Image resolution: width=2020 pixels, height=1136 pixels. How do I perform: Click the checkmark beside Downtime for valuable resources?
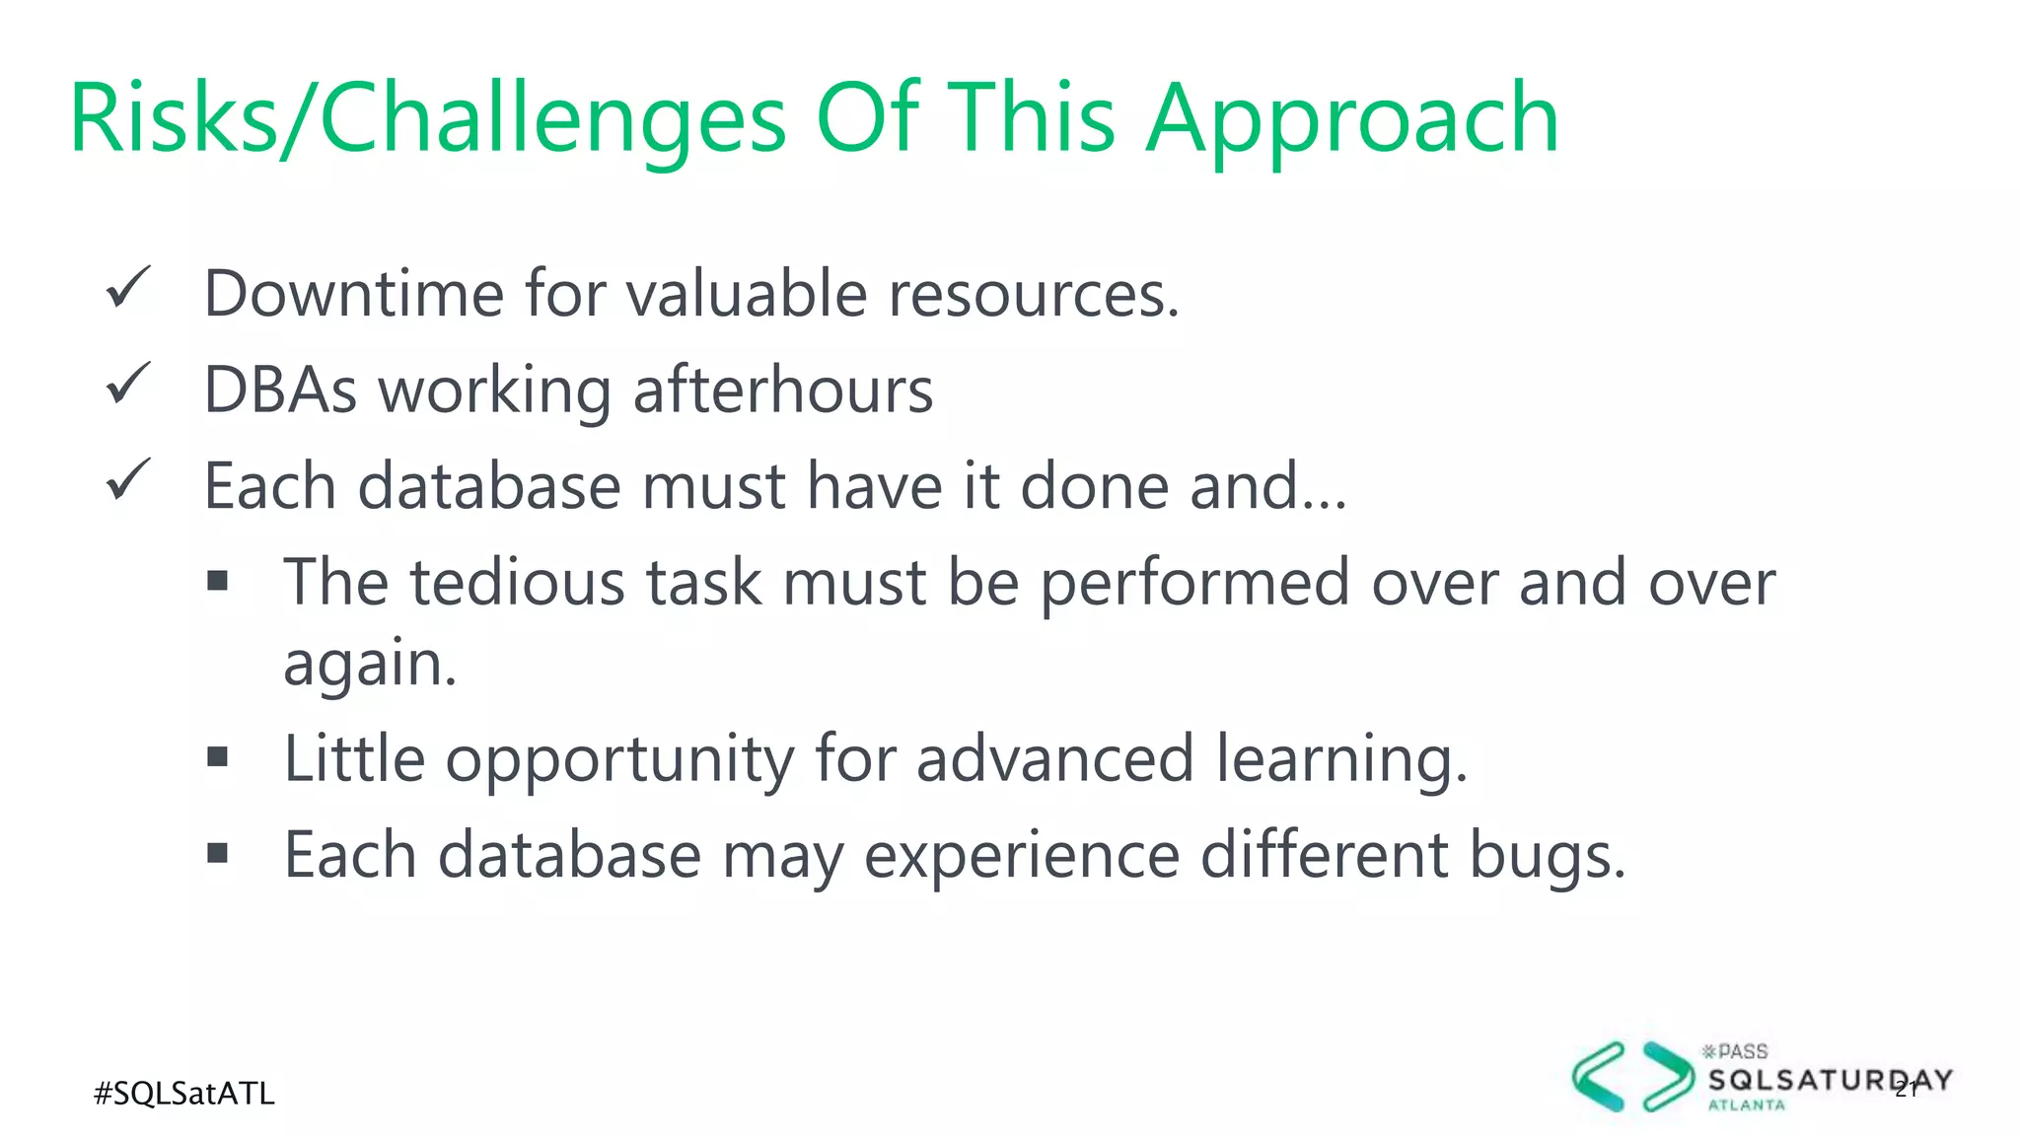128,288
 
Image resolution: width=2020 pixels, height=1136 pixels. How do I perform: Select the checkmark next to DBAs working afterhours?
128,384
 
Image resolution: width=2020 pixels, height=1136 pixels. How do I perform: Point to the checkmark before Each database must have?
128,480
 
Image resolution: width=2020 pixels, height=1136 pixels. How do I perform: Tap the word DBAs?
280,390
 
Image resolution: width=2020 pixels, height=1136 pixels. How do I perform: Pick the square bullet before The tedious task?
218,581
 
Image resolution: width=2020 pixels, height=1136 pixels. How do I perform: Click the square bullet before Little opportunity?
218,757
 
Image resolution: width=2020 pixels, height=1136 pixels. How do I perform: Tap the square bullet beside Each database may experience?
218,853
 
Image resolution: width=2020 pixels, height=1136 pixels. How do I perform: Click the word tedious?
517,582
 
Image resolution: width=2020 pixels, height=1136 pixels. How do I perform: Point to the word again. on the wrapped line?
370,665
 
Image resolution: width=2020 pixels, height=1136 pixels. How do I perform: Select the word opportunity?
619,760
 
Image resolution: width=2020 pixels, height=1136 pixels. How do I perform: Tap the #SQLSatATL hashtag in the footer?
184,1094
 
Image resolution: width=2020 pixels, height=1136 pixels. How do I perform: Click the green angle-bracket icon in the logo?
1632,1077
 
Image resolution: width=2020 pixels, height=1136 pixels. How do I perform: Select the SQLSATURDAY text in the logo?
1830,1081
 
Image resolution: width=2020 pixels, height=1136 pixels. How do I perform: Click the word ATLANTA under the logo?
1747,1105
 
